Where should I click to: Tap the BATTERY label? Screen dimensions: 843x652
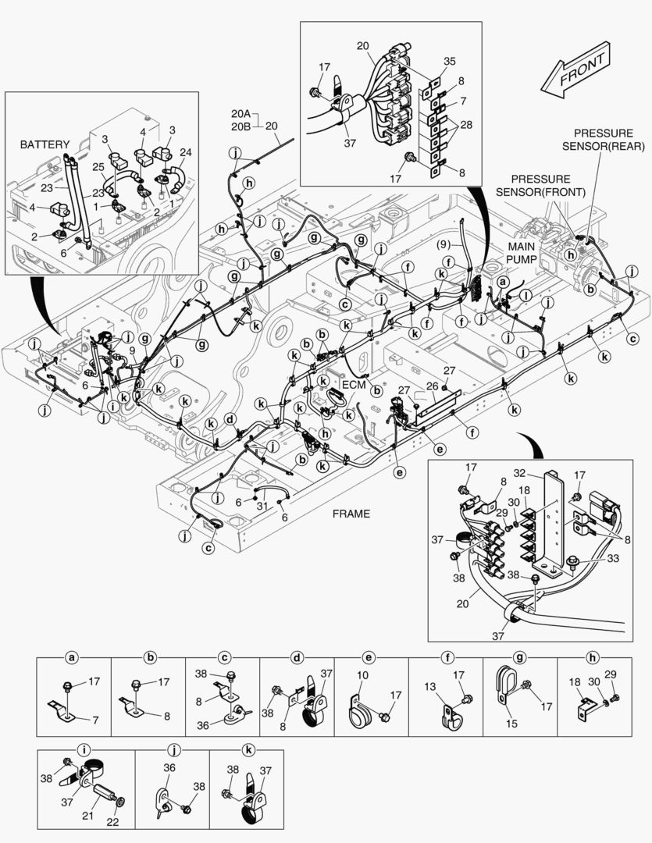[45, 144]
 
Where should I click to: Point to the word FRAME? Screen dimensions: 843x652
[351, 514]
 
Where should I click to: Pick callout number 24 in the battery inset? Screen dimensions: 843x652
[185, 152]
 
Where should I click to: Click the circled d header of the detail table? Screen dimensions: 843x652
[297, 657]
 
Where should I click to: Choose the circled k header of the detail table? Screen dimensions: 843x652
[248, 750]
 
